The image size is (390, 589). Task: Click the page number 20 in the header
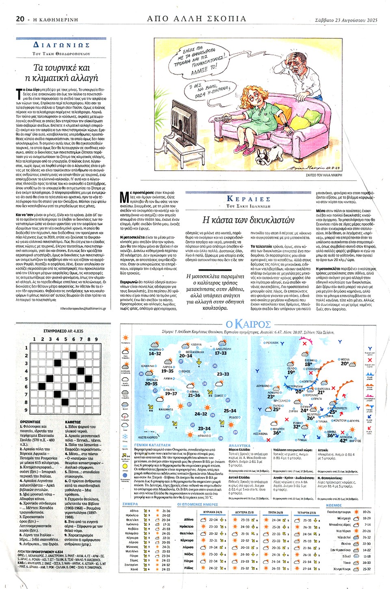[x=20, y=19]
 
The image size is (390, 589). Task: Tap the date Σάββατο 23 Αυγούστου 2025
[x=346, y=20]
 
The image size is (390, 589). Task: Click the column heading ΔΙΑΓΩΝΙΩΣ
[x=61, y=45]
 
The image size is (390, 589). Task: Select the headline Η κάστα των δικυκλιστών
[x=248, y=220]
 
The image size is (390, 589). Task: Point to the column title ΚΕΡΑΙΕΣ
[x=248, y=199]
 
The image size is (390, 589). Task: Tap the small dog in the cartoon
[x=269, y=153]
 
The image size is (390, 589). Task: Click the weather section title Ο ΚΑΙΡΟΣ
[x=248, y=324]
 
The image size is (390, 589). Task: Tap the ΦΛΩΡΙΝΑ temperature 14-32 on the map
[x=155, y=354]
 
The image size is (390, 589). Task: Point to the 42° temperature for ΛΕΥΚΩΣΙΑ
[x=343, y=441]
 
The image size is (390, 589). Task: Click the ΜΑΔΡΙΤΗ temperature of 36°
[x=277, y=433]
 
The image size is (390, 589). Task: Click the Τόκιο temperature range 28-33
[x=366, y=563]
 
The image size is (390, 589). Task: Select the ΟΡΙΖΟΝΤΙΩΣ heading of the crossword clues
[x=30, y=422]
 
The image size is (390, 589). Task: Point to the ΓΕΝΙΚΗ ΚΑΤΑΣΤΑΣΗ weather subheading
[x=152, y=446]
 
